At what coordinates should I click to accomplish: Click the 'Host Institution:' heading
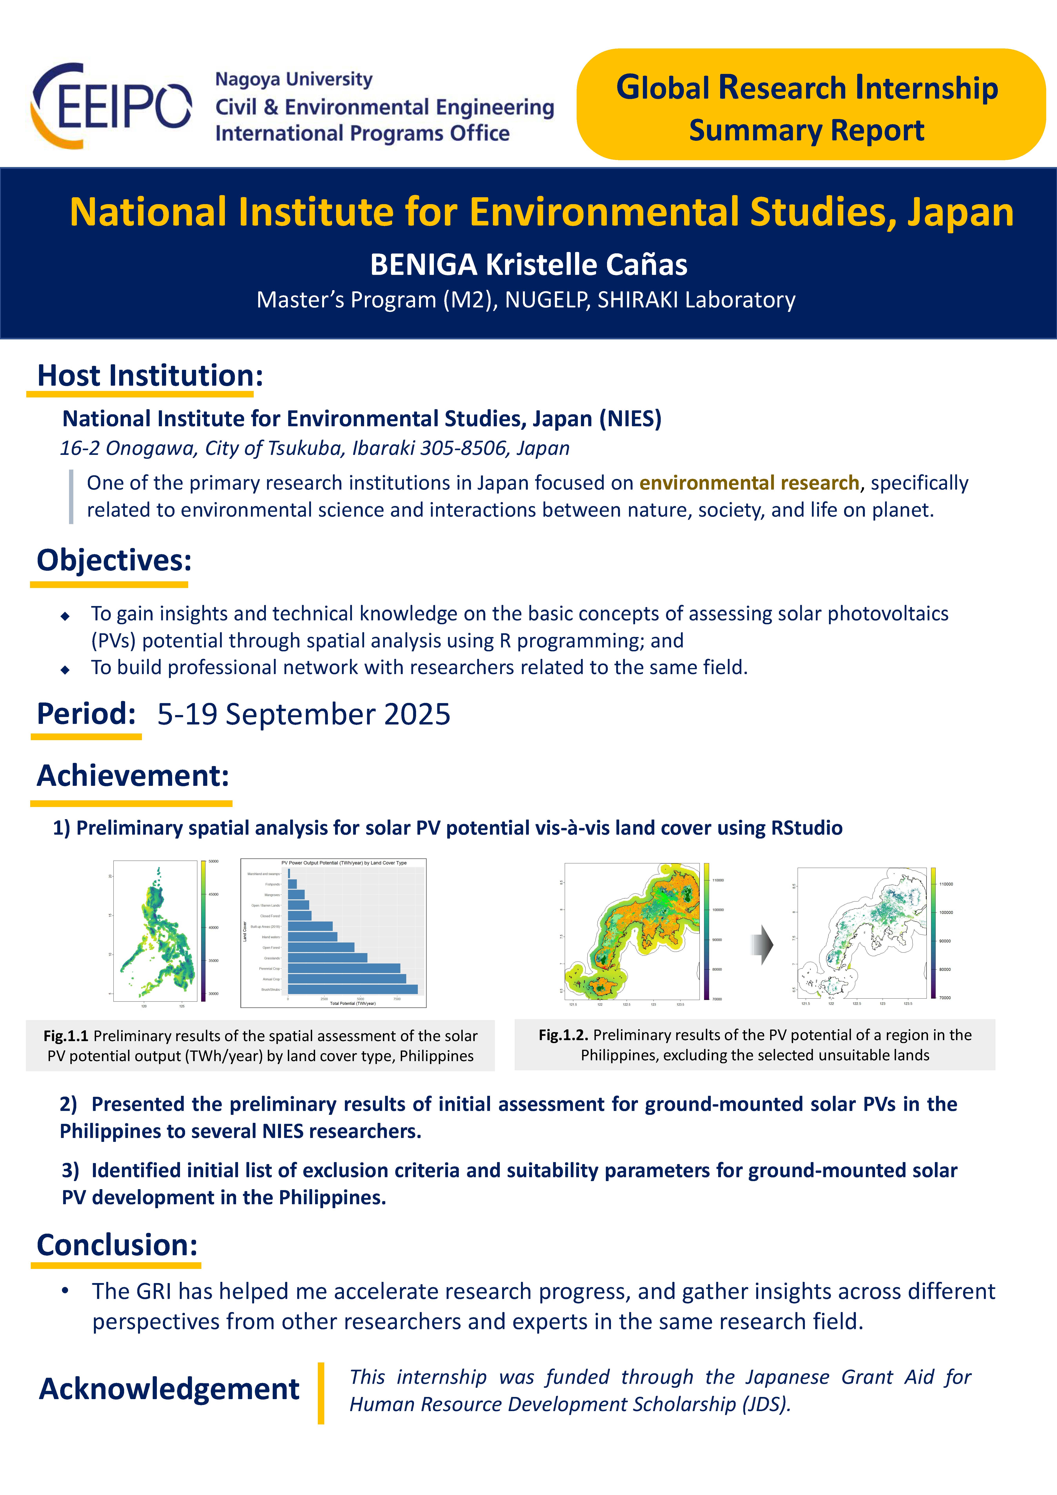pos(150,376)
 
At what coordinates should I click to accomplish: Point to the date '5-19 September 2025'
pos(304,714)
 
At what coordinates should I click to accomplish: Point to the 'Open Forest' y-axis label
pos(271,947)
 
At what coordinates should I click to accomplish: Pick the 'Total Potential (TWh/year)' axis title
pos(352,1003)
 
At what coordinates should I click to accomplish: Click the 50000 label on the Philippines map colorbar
pos(213,862)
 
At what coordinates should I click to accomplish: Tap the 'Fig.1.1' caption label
pos(66,1036)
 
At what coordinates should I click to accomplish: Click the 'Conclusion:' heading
pos(117,1245)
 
